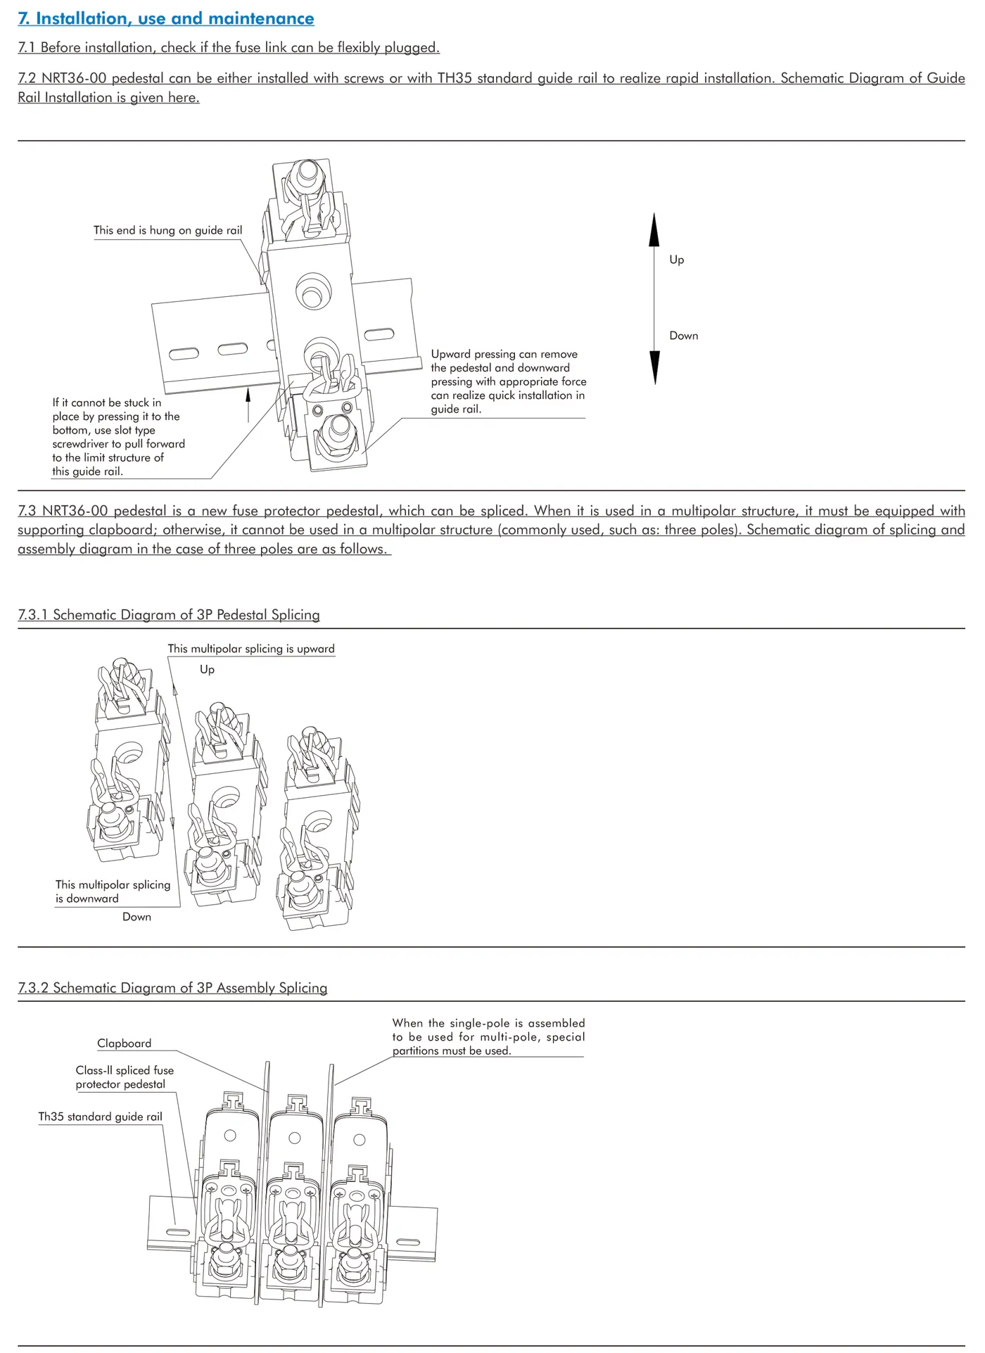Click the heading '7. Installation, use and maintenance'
(166, 19)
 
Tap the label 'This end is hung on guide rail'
(167, 230)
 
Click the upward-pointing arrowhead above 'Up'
(654, 229)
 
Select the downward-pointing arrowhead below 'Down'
(655, 367)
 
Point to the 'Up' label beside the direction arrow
(677, 260)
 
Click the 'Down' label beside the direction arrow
(683, 336)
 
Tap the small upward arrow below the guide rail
(248, 395)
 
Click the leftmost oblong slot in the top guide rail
(184, 353)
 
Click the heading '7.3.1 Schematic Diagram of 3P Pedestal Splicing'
(169, 614)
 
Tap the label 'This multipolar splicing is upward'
(251, 649)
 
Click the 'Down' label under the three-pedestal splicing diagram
(136, 917)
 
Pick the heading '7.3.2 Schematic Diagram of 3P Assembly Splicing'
(172, 987)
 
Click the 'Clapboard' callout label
(125, 1043)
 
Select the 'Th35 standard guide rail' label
(100, 1117)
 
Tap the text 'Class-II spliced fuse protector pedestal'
(125, 1077)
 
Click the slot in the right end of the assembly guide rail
(408, 1243)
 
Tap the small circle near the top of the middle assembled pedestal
(295, 1138)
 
